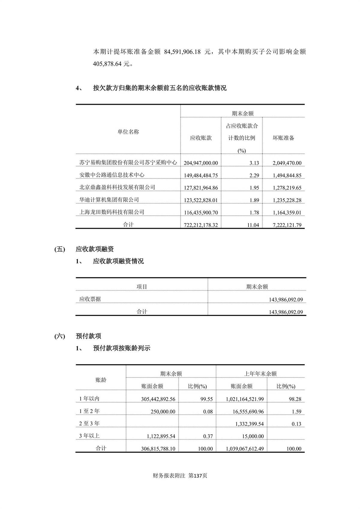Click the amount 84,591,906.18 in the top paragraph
[182, 52]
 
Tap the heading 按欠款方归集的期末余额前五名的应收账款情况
[160, 88]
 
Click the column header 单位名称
[128, 132]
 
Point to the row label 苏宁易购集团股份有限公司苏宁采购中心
[128, 163]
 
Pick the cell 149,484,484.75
[201, 175]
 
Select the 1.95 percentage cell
[254, 188]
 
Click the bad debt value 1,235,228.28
[287, 200]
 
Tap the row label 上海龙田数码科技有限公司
[112, 212]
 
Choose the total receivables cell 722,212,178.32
[201, 225]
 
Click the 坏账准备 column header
[283, 138]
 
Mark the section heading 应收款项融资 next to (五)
[95, 249]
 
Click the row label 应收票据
[90, 299]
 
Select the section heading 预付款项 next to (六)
[88, 336]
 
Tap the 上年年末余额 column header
[260, 374]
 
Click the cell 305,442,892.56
[158, 399]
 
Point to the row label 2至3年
[89, 423]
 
